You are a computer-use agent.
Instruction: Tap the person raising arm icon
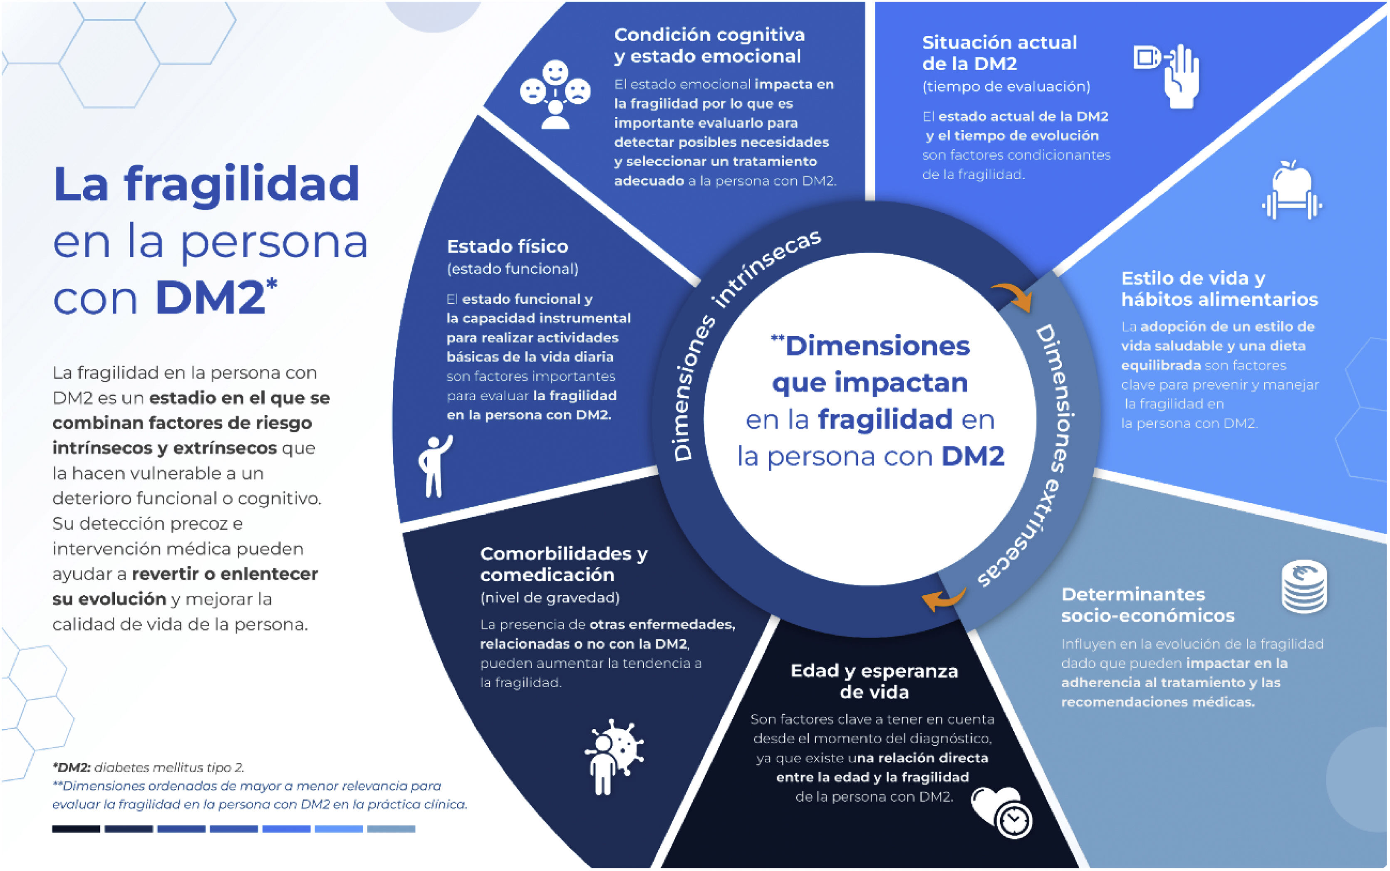pyautogui.click(x=434, y=466)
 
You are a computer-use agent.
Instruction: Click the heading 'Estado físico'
pyautogui.click(x=507, y=247)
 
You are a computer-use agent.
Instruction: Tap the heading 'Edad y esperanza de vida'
pyautogui.click(x=874, y=681)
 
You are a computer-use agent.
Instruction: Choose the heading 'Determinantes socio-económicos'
pyautogui.click(x=1147, y=605)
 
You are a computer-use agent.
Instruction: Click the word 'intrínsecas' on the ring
pyautogui.click(x=766, y=268)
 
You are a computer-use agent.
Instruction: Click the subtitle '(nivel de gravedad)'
pyautogui.click(x=549, y=598)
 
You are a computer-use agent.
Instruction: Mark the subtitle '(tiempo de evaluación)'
pyautogui.click(x=1006, y=86)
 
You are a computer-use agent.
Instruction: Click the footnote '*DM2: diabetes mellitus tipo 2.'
pyautogui.click(x=148, y=767)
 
